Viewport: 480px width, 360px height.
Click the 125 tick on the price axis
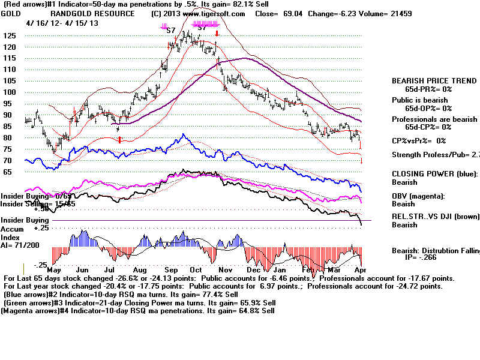tap(10, 35)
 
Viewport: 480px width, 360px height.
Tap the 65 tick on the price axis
tap(8, 172)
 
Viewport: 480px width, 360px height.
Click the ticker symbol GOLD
tap(11, 13)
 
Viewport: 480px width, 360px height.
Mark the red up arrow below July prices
tap(119, 140)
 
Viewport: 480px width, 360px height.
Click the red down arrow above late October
tap(217, 34)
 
